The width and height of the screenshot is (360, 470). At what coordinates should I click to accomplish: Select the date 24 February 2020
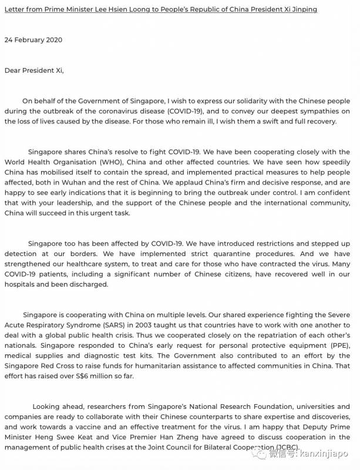33,40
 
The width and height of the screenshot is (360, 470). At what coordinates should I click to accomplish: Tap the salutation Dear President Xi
33,70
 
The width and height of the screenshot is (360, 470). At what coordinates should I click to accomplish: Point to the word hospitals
20,284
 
